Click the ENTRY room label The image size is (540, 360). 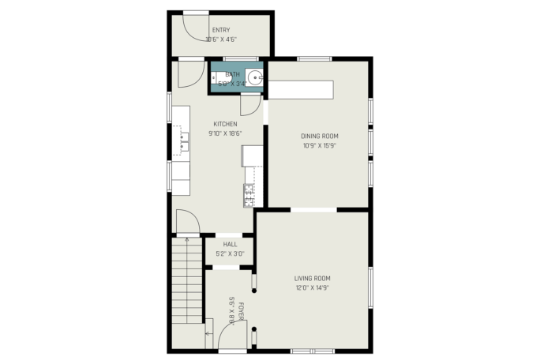click(221, 30)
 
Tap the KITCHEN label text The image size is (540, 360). click(225, 124)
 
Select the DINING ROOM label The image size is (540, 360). click(320, 136)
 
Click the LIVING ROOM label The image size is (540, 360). click(313, 279)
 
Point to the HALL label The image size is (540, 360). click(230, 244)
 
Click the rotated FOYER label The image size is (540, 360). click(241, 311)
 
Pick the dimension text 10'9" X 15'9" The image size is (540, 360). click(320, 145)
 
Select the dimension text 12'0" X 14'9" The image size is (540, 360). click(313, 287)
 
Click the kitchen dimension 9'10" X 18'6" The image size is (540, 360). click(225, 133)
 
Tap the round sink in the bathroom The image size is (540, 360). click(255, 78)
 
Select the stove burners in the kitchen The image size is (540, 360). click(249, 196)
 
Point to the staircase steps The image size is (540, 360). click(186, 280)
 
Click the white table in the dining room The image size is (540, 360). click(301, 90)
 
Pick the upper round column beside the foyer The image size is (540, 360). click(254, 291)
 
